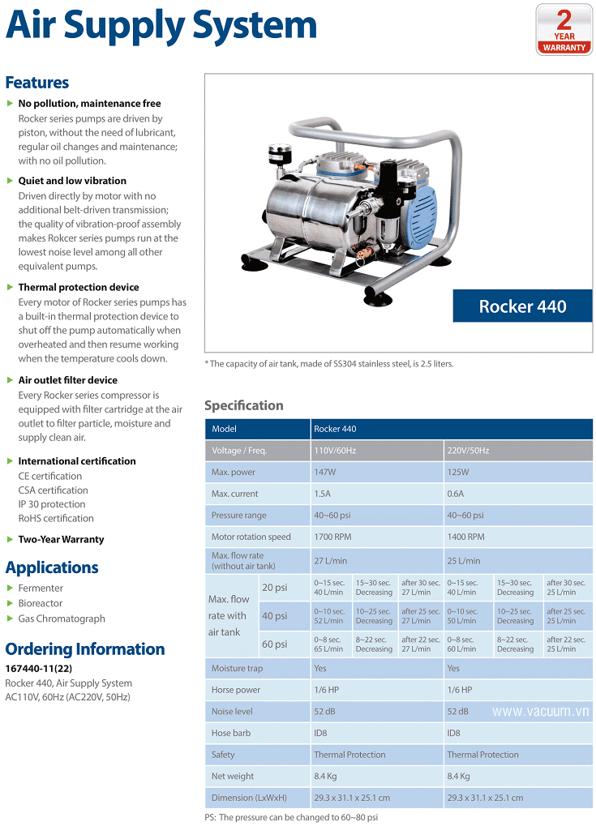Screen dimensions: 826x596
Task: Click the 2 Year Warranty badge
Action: pyautogui.click(x=564, y=30)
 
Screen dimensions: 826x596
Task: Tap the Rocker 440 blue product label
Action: pyautogui.click(x=522, y=306)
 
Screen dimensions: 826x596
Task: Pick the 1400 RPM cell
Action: pyautogui.click(x=465, y=537)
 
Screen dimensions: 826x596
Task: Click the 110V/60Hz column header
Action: pyautogui.click(x=335, y=451)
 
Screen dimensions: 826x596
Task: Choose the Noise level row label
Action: pyautogui.click(x=232, y=712)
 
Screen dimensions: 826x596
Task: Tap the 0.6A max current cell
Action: pyautogui.click(x=456, y=494)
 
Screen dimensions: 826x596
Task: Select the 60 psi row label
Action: pyautogui.click(x=273, y=644)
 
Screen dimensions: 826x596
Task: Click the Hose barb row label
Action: pyautogui.click(x=231, y=733)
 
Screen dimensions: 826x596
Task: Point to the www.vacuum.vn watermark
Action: pyautogui.click(x=541, y=711)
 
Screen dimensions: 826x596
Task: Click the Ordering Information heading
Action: pyautogui.click(x=85, y=649)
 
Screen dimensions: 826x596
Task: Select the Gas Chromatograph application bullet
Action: pyautogui.click(x=62, y=618)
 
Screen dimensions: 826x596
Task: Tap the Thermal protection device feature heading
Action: pyautogui.click(x=79, y=287)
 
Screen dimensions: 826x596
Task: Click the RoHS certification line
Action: pyautogui.click(x=56, y=518)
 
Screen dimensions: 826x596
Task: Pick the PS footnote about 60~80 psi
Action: pyautogui.click(x=291, y=817)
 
